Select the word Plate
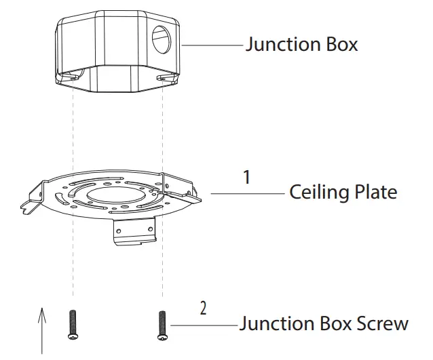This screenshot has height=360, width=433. (374, 193)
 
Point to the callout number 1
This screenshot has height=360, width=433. (247, 177)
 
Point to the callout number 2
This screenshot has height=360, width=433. (203, 308)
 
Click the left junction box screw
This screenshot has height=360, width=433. (72, 325)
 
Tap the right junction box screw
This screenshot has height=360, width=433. (162, 325)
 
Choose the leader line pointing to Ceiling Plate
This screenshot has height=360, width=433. (248, 193)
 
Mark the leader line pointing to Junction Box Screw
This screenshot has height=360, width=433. (204, 325)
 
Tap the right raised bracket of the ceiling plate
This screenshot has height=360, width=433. (178, 183)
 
